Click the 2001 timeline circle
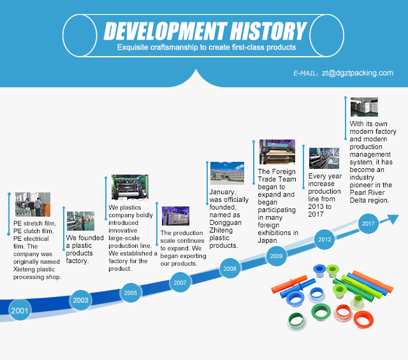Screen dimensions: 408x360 point(20,310)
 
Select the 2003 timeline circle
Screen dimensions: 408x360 point(81,300)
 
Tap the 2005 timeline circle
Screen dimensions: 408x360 point(131,292)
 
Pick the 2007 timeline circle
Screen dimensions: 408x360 point(180,282)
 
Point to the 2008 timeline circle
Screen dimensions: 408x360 point(229,268)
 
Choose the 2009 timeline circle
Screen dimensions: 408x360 point(276,256)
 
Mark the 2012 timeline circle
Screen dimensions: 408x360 point(324,240)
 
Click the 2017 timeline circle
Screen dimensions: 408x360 point(368,224)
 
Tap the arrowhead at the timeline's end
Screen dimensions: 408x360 point(393,219)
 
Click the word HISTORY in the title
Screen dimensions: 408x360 point(268,31)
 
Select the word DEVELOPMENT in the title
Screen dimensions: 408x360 point(166,31)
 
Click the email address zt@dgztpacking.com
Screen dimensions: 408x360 point(358,73)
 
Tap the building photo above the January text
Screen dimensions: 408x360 point(227,173)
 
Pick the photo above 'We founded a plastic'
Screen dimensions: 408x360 point(81,221)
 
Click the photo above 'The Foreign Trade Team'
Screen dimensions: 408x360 point(277,152)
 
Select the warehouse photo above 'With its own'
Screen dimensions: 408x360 point(364,107)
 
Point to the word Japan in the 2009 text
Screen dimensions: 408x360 point(268,240)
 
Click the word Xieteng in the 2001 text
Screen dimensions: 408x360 point(23,270)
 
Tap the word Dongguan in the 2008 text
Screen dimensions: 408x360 point(225,222)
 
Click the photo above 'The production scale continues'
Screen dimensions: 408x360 point(176,216)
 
